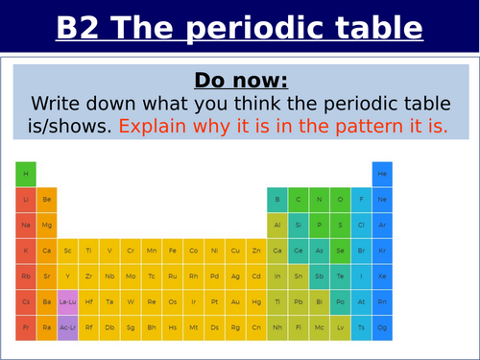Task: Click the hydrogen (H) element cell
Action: [x=26, y=174]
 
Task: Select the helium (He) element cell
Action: [x=382, y=174]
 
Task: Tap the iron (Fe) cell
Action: [x=172, y=251]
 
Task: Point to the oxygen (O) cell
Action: [x=340, y=200]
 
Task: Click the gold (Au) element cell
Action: [x=235, y=301]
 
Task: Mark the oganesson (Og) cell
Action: [x=382, y=326]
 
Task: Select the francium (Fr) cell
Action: [x=26, y=326]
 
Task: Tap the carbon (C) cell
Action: [x=299, y=200]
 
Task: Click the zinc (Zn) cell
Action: [x=256, y=251]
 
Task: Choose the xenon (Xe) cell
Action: [x=382, y=276]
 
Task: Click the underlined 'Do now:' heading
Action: [x=240, y=79]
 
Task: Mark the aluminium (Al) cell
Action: [x=277, y=225]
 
